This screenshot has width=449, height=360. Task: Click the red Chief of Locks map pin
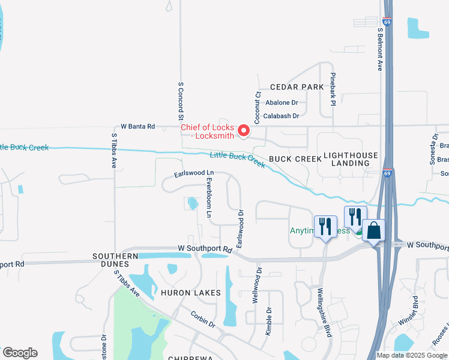[244, 130]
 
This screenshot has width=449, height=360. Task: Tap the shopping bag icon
[373, 230]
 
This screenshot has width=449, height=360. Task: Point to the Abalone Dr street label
[282, 103]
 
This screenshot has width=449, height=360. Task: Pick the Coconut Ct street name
[258, 104]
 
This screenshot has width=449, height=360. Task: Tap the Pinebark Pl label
[331, 91]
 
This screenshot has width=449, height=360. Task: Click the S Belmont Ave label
[380, 49]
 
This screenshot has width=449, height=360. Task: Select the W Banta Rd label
[137, 127]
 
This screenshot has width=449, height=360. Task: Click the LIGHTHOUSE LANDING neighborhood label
[351, 159]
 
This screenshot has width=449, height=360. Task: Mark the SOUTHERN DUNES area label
[112, 260]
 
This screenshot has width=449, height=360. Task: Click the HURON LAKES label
[182, 293]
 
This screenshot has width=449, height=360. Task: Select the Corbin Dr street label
[203, 319]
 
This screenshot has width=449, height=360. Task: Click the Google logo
[20, 353]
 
